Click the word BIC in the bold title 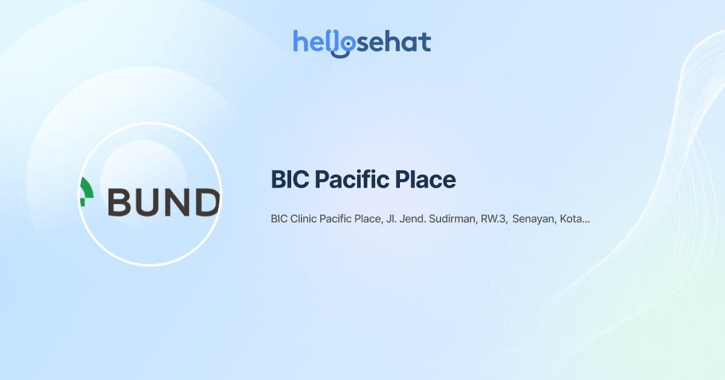pyautogui.click(x=289, y=180)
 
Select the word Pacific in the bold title pyautogui.click(x=351, y=180)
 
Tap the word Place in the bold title pyautogui.click(x=425, y=180)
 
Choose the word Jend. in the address pyautogui.click(x=413, y=219)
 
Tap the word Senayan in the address pyautogui.click(x=533, y=219)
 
